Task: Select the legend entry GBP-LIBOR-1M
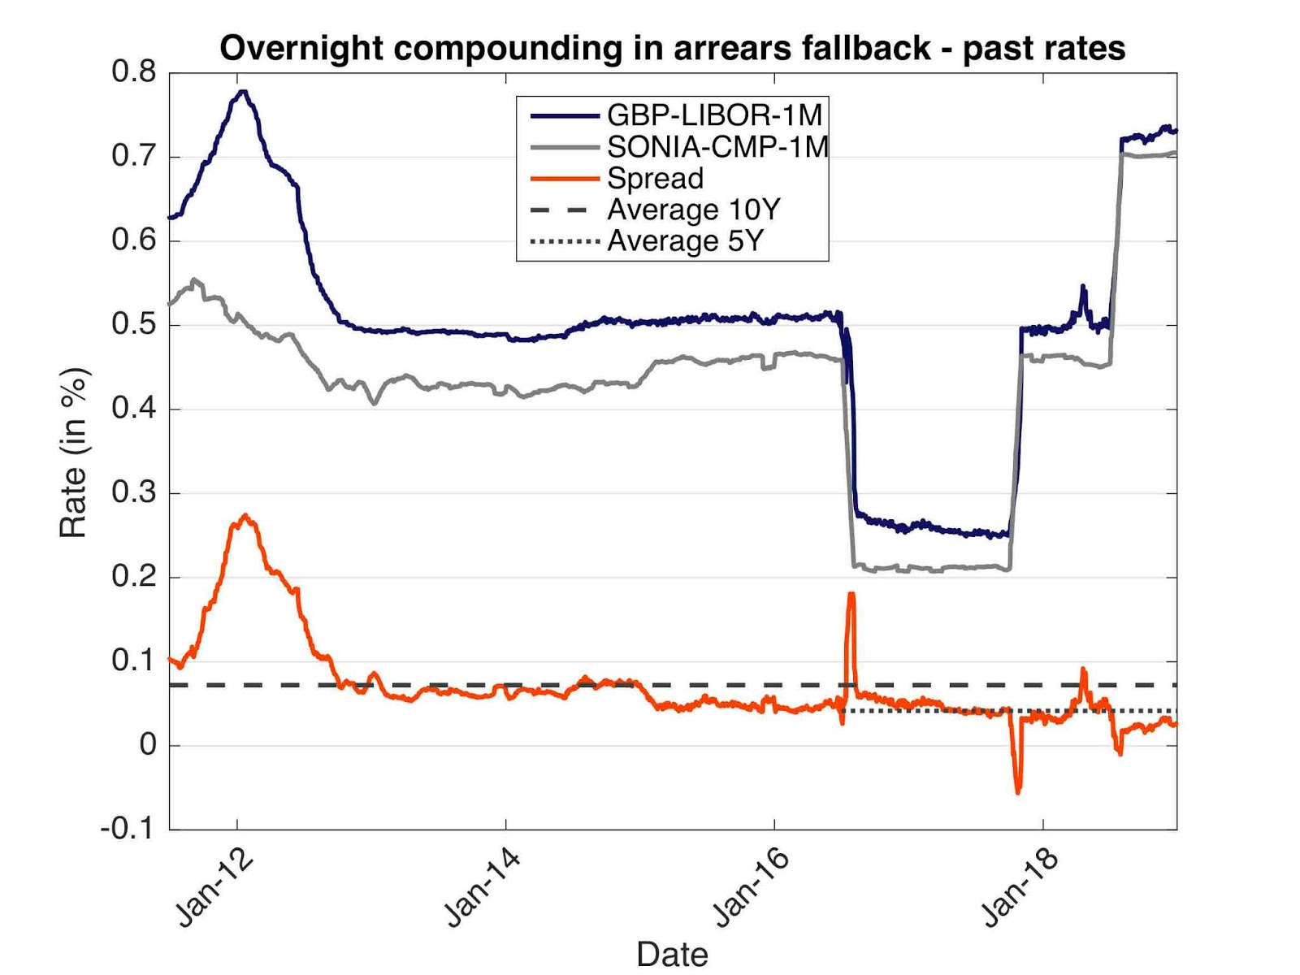(714, 115)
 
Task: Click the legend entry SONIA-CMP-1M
(717, 147)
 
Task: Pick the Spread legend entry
(655, 179)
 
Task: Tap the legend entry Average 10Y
(693, 210)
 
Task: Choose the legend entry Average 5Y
(685, 241)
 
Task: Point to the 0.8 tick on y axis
(134, 71)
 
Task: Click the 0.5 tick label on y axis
(134, 324)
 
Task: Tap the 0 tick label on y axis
(148, 744)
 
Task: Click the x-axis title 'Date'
(672, 954)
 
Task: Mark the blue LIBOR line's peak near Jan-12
(242, 92)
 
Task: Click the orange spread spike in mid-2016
(851, 595)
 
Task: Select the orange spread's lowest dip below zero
(1018, 791)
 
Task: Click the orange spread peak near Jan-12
(245, 516)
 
